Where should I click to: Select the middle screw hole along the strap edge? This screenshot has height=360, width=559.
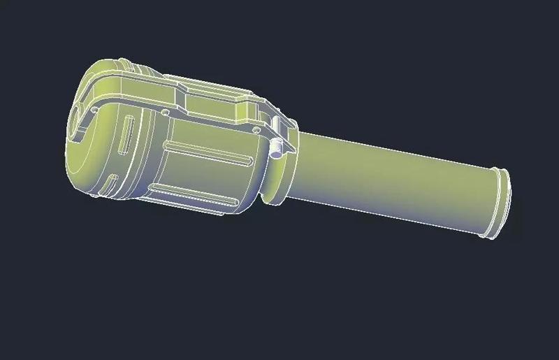pyautogui.click(x=165, y=111)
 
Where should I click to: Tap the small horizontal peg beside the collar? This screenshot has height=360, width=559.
pyautogui.click(x=278, y=147)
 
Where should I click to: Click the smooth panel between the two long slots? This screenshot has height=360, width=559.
pyautogui.click(x=203, y=175)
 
